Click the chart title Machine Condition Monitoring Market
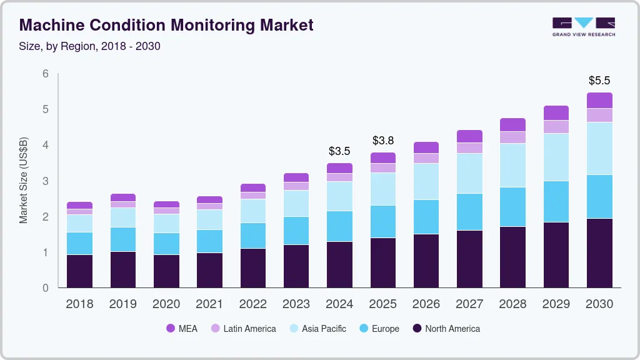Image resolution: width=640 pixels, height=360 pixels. [x=166, y=25]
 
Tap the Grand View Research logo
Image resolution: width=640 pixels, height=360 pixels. [x=583, y=26]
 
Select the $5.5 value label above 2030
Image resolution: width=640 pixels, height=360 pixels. [x=599, y=81]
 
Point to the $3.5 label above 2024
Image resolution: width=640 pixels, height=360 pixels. [x=339, y=151]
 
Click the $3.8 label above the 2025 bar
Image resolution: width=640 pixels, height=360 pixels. [x=383, y=141]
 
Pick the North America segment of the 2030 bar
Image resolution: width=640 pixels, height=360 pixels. [x=599, y=253]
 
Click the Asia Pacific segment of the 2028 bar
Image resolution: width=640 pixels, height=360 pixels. [x=512, y=165]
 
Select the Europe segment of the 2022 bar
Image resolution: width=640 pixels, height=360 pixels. [x=253, y=236]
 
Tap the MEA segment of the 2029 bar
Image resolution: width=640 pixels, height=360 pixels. [x=556, y=112]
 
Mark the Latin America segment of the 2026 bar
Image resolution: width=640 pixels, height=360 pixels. [x=426, y=158]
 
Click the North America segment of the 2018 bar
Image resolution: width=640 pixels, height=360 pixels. [x=80, y=271]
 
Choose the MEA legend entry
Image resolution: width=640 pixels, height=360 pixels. [x=182, y=329]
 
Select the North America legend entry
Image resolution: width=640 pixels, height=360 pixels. [x=446, y=329]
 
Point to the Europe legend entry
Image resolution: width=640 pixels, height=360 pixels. [x=379, y=329]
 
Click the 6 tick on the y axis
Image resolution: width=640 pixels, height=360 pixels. [x=46, y=74]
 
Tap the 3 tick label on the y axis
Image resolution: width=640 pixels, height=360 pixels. [x=46, y=181]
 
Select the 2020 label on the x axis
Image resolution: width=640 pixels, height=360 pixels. [x=166, y=304]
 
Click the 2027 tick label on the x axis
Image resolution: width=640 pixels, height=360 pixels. [x=469, y=304]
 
